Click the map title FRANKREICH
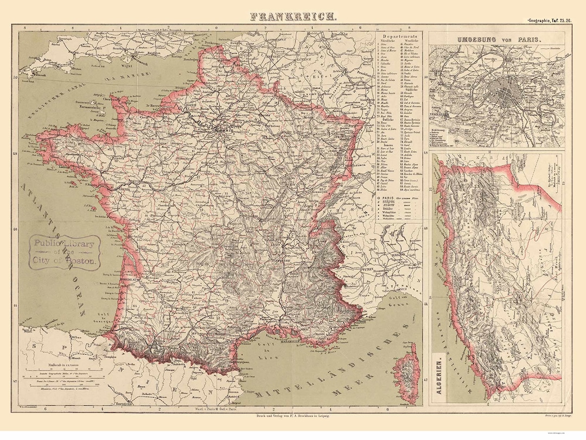(x=293, y=16)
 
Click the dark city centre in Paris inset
(x=505, y=93)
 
